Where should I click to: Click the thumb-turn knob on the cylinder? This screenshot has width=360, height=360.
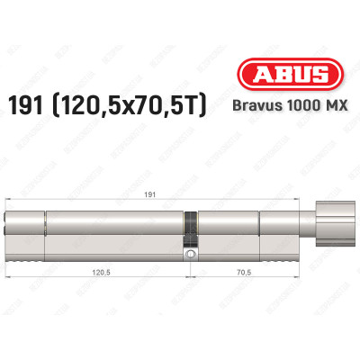331,221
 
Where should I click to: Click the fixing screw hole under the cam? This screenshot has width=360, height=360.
190,256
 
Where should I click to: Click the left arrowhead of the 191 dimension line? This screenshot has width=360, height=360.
9,198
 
